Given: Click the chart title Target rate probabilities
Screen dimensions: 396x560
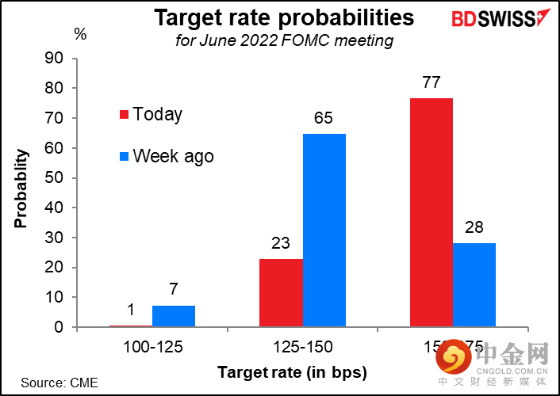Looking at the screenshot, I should [x=283, y=17].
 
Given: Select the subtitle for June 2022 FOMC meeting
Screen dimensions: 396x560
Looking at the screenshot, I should [x=284, y=40].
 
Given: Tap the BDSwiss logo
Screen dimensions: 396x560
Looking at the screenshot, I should [x=497, y=18].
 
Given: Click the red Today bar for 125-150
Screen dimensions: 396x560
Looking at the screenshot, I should [x=281, y=292].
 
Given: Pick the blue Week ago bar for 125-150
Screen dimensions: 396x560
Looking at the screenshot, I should [x=324, y=230].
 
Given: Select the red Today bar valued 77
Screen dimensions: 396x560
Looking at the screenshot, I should [x=432, y=212].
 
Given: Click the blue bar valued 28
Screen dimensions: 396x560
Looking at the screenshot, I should [x=474, y=284].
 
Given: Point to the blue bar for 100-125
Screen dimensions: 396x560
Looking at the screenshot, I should [x=174, y=316].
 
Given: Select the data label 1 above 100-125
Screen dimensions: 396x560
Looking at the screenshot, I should [x=131, y=311].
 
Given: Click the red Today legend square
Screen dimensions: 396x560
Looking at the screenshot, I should [x=124, y=115].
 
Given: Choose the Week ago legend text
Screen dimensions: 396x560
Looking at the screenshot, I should [x=174, y=156].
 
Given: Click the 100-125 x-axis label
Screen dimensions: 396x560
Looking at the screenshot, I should [x=152, y=346].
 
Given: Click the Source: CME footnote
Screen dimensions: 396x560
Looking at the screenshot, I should [x=59, y=383].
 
